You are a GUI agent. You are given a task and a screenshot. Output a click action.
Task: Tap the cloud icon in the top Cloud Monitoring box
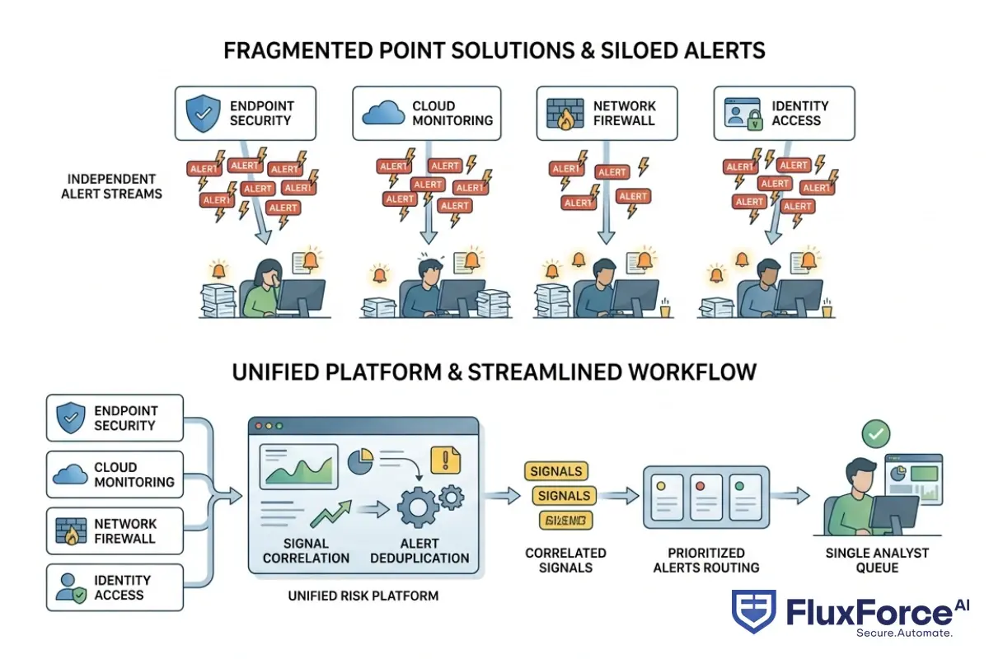pyautogui.click(x=380, y=114)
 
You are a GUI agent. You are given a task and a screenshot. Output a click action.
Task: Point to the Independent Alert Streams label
pyautogui.click(x=111, y=186)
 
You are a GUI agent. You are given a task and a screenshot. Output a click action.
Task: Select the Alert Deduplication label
pyautogui.click(x=420, y=550)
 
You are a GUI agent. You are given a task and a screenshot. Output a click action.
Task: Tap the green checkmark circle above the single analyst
pyautogui.click(x=874, y=433)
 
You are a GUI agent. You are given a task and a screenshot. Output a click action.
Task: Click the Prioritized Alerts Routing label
pyautogui.click(x=705, y=560)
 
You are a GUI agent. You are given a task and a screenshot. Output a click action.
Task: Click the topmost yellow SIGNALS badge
pyautogui.click(x=556, y=472)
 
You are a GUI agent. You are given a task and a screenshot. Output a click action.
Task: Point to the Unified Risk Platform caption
pyautogui.click(x=363, y=596)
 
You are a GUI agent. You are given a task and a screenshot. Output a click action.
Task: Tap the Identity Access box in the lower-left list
pyautogui.click(x=115, y=587)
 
